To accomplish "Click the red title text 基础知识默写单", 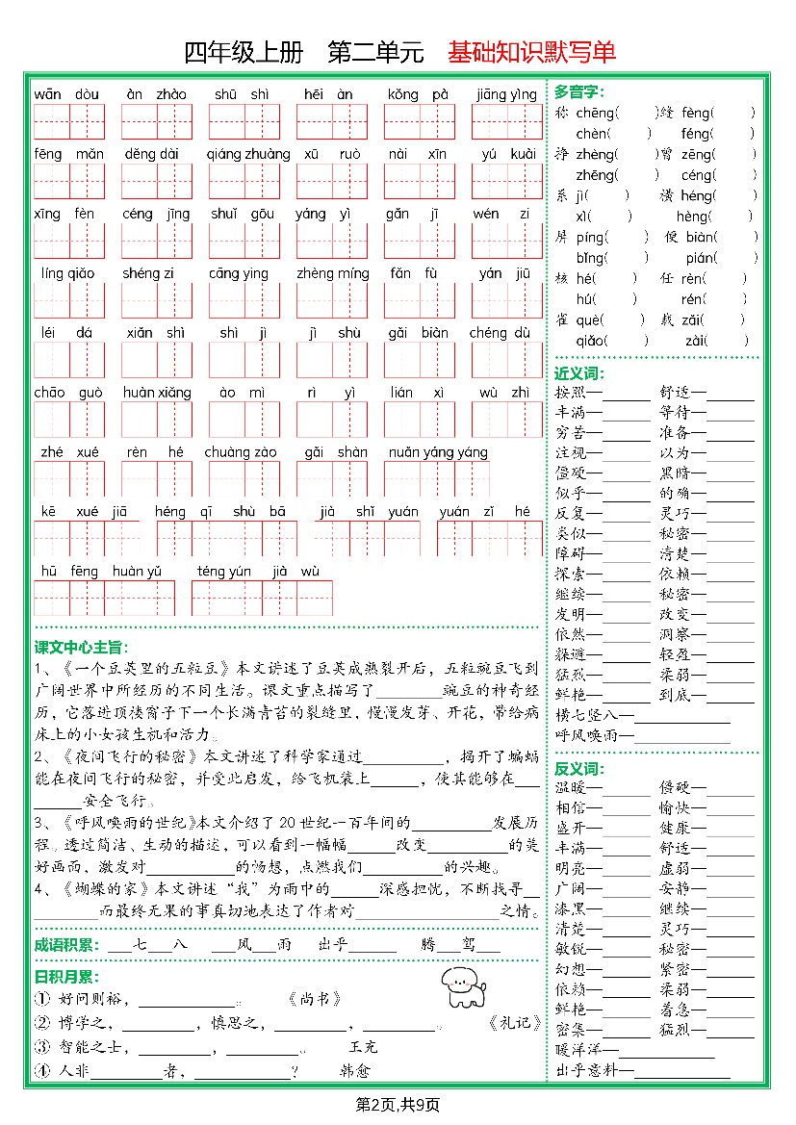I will tap(530, 53).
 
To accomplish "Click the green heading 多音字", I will tap(578, 91).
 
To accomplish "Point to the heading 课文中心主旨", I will tap(81, 647).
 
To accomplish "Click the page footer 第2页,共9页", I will tap(398, 1104).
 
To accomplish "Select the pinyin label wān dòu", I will tap(66, 94).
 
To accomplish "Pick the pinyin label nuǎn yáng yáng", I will tap(438, 452).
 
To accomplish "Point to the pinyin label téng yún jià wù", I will tap(258, 572).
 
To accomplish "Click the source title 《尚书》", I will tap(315, 999).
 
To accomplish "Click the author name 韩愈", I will tap(355, 1070).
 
